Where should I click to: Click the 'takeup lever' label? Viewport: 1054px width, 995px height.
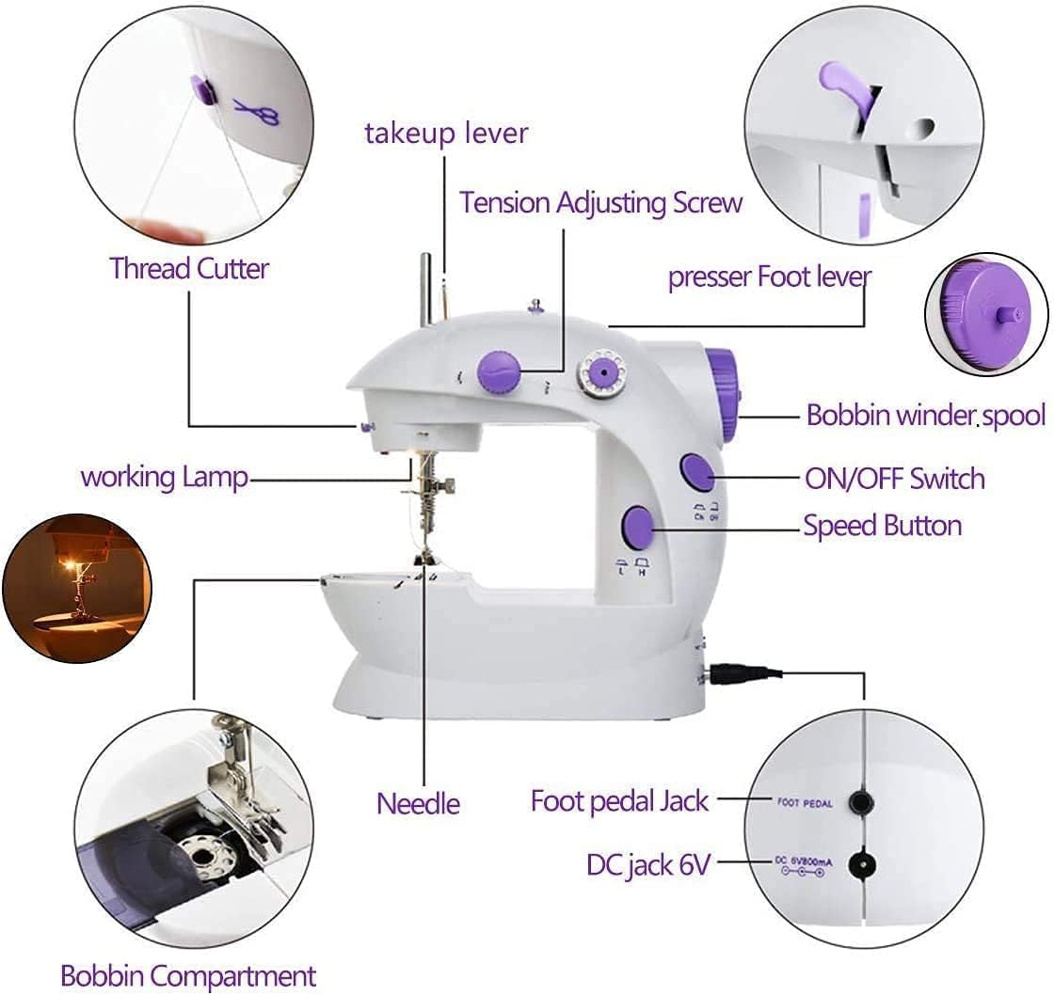(x=446, y=134)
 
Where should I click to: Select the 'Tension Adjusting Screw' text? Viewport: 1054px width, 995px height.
(x=601, y=202)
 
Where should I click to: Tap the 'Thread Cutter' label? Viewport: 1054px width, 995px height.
(x=189, y=268)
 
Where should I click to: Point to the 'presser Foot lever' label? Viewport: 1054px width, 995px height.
(x=769, y=277)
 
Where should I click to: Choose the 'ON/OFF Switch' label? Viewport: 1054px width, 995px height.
(x=894, y=479)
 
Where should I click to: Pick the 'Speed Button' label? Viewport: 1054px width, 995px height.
(x=882, y=525)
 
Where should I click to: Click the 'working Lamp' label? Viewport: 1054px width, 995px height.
(x=165, y=476)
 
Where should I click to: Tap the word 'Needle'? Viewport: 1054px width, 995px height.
(x=418, y=803)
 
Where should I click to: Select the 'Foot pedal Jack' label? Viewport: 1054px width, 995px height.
(x=619, y=801)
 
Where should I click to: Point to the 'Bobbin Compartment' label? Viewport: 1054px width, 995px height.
(x=188, y=975)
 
